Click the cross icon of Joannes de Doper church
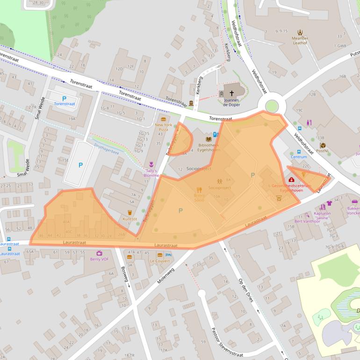click(x=231, y=93)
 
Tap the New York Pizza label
click(x=164, y=128)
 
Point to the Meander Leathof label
click(x=300, y=41)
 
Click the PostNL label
click(x=323, y=151)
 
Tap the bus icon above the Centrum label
click(x=299, y=151)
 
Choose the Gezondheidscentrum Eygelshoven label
click(x=291, y=188)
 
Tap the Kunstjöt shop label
click(x=130, y=219)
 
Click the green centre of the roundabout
click(x=271, y=106)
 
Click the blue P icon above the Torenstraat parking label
click(x=64, y=98)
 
